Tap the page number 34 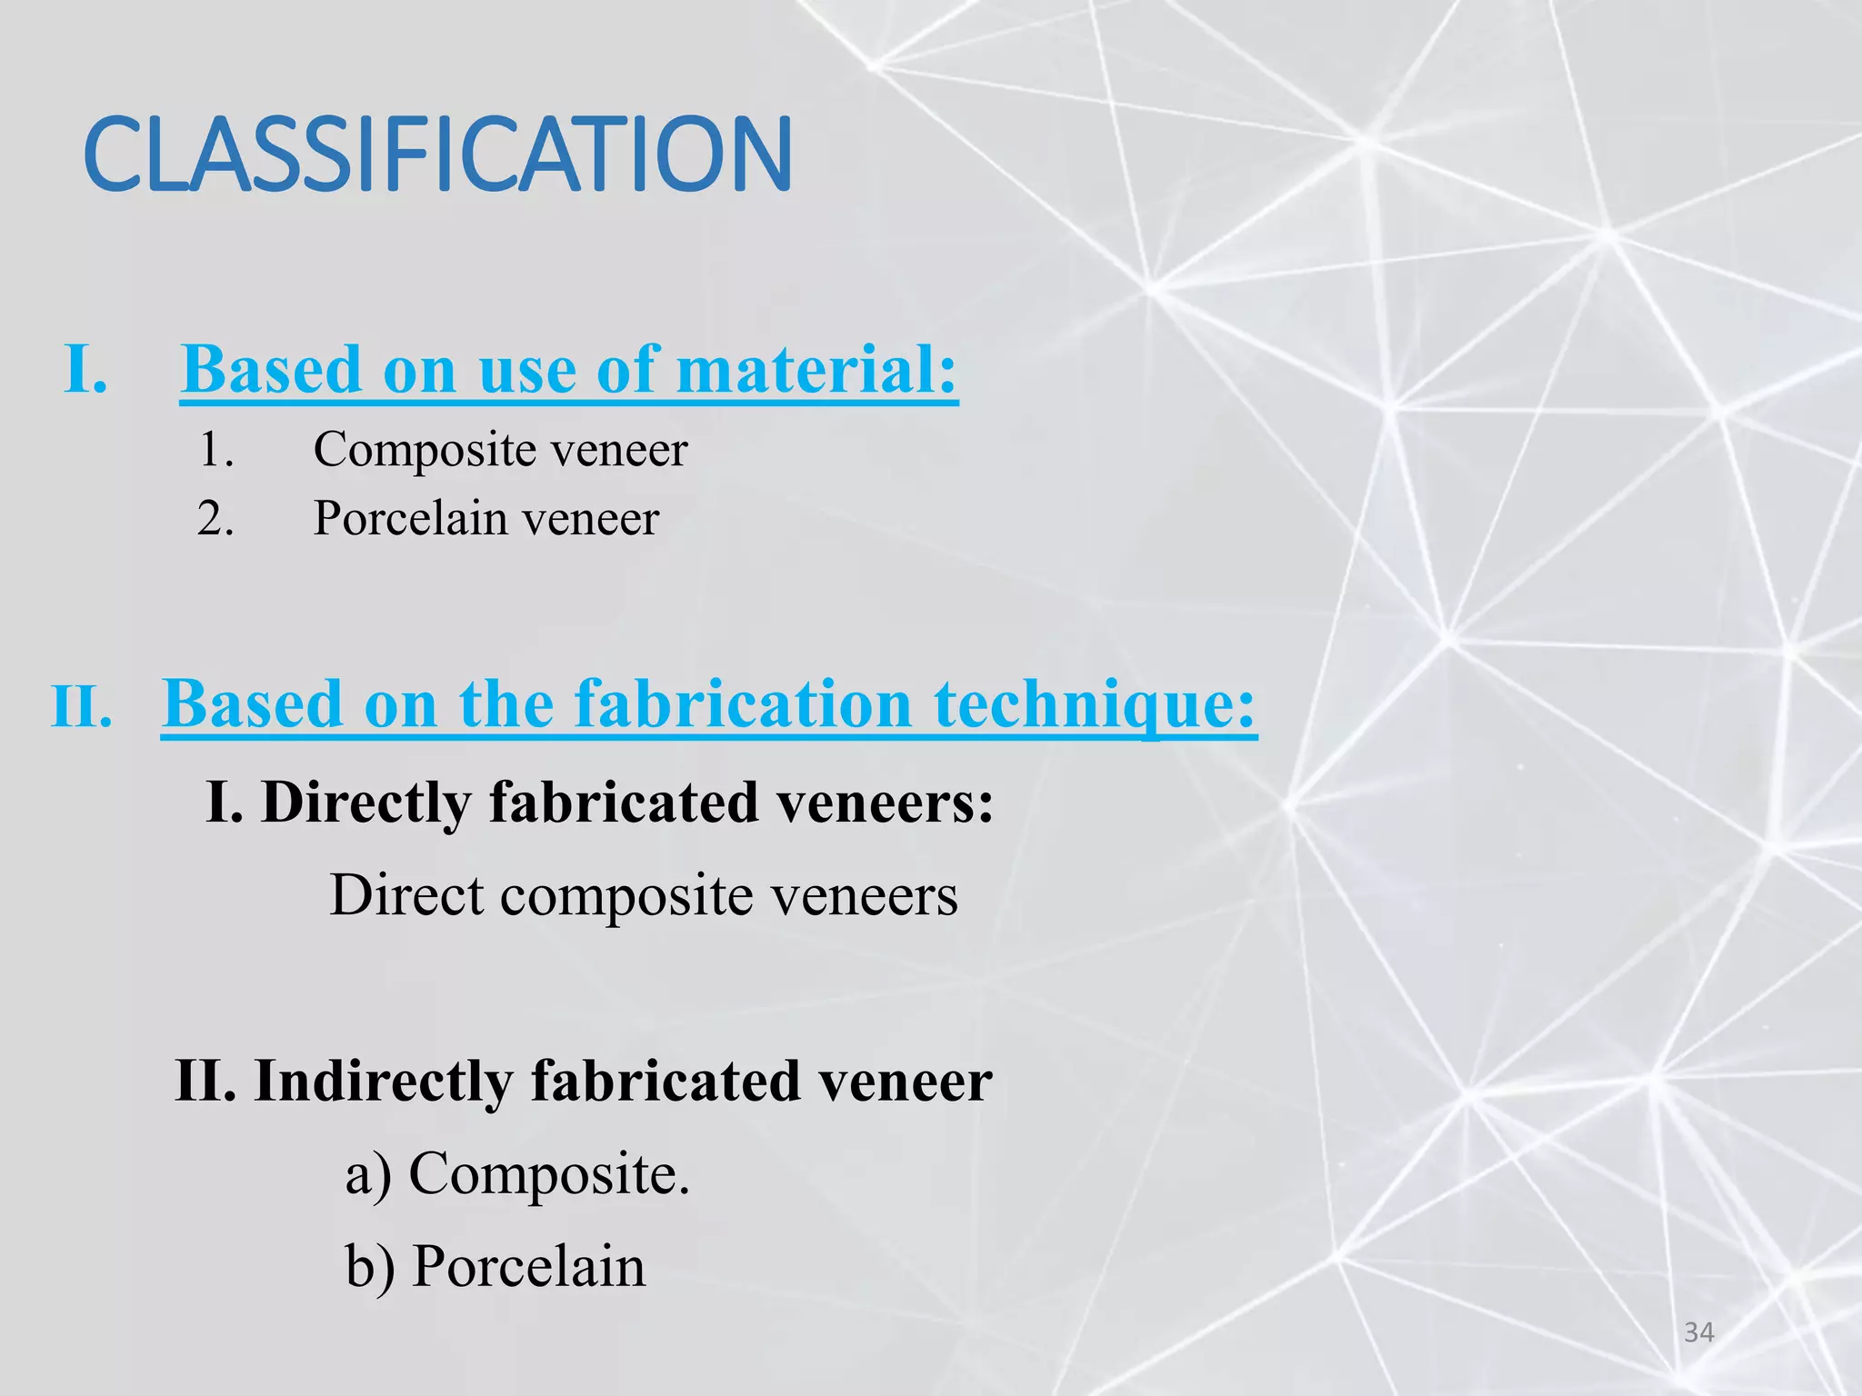[1698, 1332]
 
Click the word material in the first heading [816, 370]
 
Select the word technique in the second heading [1095, 704]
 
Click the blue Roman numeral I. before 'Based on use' [86, 370]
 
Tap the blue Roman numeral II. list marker [82, 707]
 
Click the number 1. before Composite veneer [216, 450]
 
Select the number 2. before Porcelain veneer [216, 519]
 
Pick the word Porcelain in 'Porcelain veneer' [409, 519]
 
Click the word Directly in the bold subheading [366, 803]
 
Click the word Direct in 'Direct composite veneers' [406, 895]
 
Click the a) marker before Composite [368, 1174]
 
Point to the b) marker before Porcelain [369, 1266]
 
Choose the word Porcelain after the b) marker [528, 1266]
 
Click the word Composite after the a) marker [548, 1174]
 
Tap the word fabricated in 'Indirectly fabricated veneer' [665, 1082]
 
